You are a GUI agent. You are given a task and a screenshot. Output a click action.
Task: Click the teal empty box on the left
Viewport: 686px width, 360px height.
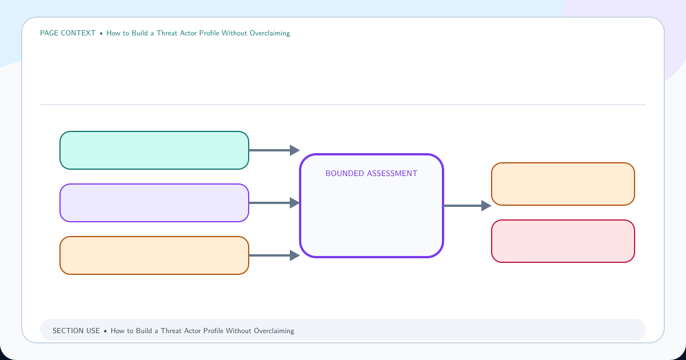pyautogui.click(x=154, y=150)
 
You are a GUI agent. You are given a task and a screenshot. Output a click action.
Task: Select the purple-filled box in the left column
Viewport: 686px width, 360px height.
pyautogui.click(x=154, y=203)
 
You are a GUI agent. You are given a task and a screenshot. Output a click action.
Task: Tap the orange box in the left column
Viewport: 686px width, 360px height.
pyautogui.click(x=154, y=255)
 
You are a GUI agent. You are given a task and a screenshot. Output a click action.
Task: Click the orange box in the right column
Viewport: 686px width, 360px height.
pyautogui.click(x=563, y=184)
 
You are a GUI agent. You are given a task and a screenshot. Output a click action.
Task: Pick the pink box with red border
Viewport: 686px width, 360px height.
pyautogui.click(x=563, y=241)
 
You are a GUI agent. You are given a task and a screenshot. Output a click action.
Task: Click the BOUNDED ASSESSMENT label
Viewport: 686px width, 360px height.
pyautogui.click(x=371, y=174)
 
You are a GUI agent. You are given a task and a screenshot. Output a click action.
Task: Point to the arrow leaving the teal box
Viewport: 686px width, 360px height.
pyautogui.click(x=274, y=150)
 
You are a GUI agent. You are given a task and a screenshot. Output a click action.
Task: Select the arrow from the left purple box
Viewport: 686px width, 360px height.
pyautogui.click(x=274, y=203)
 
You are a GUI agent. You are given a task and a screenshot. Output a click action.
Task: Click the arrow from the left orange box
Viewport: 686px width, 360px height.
pyautogui.click(x=274, y=255)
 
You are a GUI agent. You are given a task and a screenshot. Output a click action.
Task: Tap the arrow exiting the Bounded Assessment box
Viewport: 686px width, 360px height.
pyautogui.click(x=468, y=206)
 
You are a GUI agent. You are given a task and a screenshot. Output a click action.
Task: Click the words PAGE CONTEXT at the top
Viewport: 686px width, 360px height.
pyautogui.click(x=67, y=33)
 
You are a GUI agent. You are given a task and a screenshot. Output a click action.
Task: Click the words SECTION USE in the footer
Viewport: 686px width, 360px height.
pyautogui.click(x=76, y=331)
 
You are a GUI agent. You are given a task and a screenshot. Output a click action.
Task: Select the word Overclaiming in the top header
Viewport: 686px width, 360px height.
pyautogui.click(x=270, y=33)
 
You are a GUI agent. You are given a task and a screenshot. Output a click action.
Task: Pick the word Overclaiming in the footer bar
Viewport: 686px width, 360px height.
pyautogui.click(x=274, y=331)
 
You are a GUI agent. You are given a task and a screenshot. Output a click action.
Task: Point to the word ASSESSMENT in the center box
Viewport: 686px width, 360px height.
pyautogui.click(x=392, y=174)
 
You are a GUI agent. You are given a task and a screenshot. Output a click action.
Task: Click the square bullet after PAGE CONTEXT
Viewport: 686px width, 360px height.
pyautogui.click(x=101, y=33)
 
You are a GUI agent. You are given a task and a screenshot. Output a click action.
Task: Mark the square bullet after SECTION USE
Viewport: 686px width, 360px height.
pyautogui.click(x=105, y=331)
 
